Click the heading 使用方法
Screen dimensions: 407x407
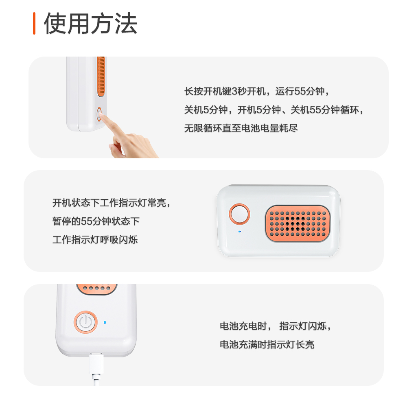(x=91, y=24)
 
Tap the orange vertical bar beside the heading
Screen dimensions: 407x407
(x=34, y=23)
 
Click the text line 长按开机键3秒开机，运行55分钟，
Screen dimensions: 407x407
(x=257, y=91)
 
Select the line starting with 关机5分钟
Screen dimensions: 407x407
(x=274, y=110)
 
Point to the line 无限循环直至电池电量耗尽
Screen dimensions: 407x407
(x=241, y=128)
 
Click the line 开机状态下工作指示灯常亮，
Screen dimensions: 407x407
(x=112, y=203)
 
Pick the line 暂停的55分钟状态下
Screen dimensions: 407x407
(x=96, y=221)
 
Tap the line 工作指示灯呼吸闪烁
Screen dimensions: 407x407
(x=95, y=240)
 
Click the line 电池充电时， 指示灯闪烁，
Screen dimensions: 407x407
(x=276, y=326)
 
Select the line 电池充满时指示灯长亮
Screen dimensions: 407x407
(x=267, y=344)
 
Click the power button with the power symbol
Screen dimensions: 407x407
(x=85, y=322)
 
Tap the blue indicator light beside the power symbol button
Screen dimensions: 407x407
(x=105, y=322)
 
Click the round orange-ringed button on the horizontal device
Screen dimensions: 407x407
(x=239, y=214)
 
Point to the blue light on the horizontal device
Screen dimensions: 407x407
(x=240, y=231)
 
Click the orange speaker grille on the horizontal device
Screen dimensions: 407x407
(x=298, y=223)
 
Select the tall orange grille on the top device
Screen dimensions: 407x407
(x=101, y=77)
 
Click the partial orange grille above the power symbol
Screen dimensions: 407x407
(x=96, y=289)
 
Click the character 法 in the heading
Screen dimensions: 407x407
(x=126, y=24)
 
